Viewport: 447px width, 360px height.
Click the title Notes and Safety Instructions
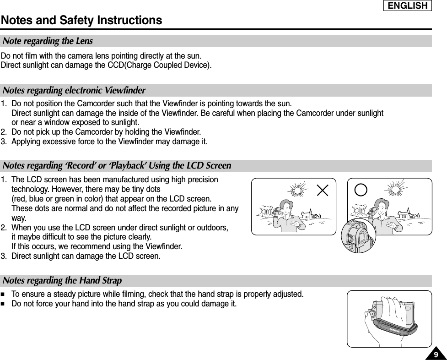tap(81, 21)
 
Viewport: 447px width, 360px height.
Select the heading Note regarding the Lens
tap(48, 41)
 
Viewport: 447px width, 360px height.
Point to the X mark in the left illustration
tap(323, 190)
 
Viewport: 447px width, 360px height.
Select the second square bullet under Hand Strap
tap(4, 303)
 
